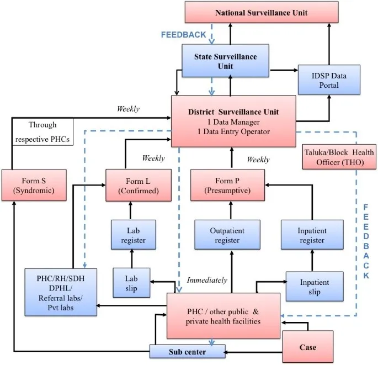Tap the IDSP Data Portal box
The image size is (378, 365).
coord(329,80)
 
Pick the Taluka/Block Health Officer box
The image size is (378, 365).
coord(339,157)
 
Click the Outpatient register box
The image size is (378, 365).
coord(227,235)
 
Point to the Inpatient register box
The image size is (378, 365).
coord(312,235)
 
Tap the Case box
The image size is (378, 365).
coord(307,347)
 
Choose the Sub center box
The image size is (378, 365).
coord(187,351)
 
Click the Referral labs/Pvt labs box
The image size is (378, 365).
coord(61,292)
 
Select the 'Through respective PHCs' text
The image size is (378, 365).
coord(41,132)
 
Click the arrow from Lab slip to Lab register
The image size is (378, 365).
coord(131,257)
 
